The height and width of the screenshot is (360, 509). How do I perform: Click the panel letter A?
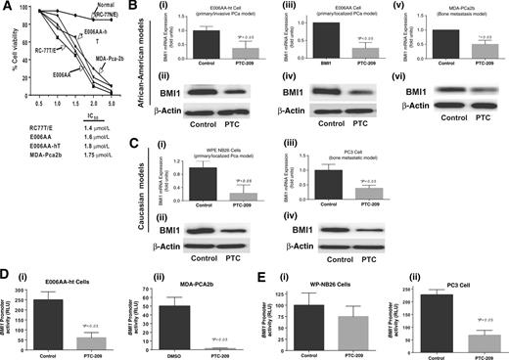point(7,8)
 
